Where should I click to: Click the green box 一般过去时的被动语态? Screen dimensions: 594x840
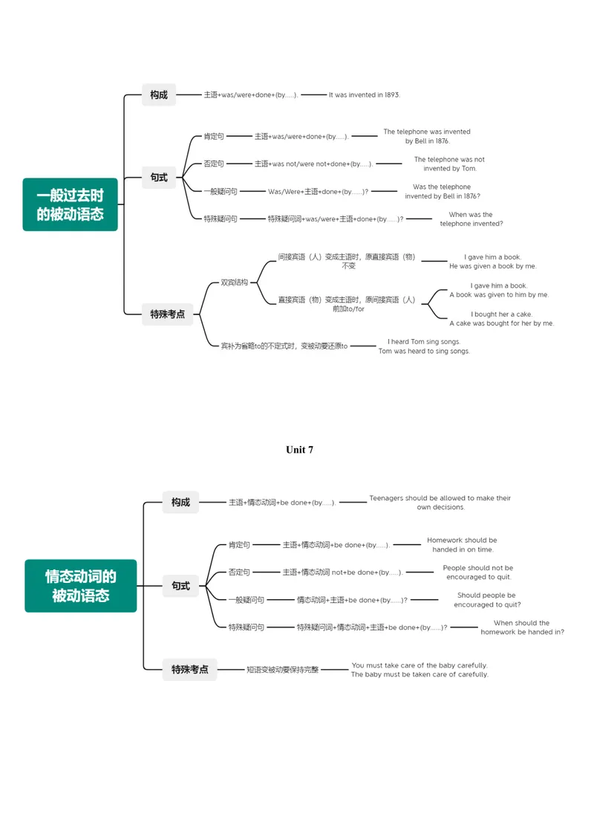click(x=70, y=204)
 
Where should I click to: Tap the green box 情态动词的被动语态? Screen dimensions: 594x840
click(x=81, y=586)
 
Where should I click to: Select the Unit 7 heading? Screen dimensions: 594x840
click(x=300, y=450)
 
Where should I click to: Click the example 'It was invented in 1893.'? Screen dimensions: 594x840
click(x=365, y=95)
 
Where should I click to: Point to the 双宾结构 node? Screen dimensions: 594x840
click(x=235, y=282)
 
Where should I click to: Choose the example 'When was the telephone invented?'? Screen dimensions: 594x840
click(x=471, y=219)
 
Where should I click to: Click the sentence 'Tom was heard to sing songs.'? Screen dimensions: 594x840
click(x=425, y=351)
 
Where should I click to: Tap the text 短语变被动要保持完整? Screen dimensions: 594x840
click(x=283, y=670)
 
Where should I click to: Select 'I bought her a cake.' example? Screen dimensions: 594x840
click(x=501, y=314)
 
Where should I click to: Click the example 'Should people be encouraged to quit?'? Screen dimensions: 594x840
click(x=487, y=600)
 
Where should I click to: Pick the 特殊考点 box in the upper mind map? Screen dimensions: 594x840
click(x=168, y=314)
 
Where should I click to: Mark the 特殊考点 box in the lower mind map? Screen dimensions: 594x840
click(x=190, y=669)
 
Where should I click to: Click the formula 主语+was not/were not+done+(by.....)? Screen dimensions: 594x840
click(x=313, y=164)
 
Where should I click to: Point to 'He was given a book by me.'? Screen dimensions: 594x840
click(x=493, y=266)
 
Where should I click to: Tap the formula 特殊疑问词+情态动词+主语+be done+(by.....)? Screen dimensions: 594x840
click(x=372, y=627)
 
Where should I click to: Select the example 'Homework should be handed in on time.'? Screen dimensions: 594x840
click(x=463, y=545)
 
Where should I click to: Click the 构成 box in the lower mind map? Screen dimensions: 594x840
click(x=181, y=502)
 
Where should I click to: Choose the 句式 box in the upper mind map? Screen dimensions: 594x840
click(x=159, y=178)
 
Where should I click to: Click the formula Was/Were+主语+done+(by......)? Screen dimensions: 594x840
click(x=319, y=191)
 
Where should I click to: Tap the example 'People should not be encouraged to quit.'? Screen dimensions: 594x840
click(x=478, y=572)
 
